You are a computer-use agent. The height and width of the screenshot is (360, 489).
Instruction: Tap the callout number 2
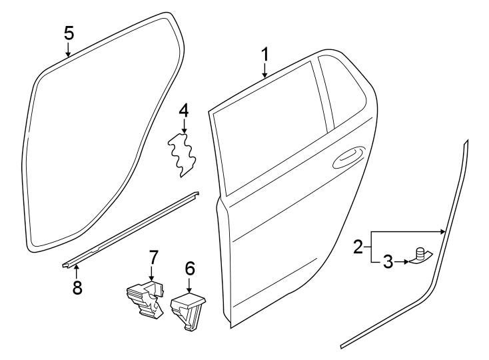[x=358, y=248]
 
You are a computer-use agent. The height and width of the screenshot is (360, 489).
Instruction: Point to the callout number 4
[x=183, y=108]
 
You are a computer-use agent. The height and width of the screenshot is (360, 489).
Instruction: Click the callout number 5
[x=69, y=33]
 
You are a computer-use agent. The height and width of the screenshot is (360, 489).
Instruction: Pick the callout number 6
[x=190, y=268]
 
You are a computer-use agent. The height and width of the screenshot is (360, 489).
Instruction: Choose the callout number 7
[x=153, y=256]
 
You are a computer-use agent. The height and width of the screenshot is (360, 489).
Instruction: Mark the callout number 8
[x=77, y=288]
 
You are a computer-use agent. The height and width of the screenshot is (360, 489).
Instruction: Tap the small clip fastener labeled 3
[x=420, y=256]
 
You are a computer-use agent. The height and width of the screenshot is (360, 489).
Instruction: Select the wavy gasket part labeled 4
[x=183, y=154]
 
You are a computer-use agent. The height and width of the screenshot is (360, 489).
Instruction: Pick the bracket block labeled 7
[x=146, y=300]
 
